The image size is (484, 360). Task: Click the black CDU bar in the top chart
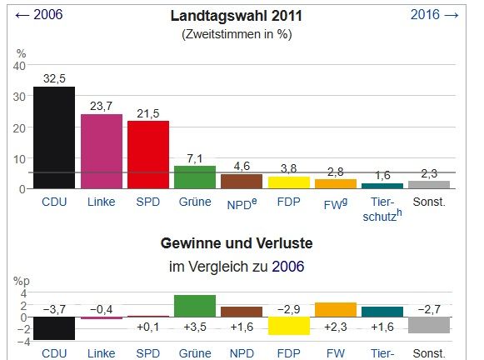(54, 137)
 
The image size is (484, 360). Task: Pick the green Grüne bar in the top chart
(195, 177)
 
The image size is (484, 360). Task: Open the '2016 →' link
(435, 14)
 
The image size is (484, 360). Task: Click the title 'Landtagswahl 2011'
(236, 16)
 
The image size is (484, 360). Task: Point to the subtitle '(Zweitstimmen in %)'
(236, 34)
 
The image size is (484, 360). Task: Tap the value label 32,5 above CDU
(54, 78)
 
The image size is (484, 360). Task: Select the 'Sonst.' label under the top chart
(429, 202)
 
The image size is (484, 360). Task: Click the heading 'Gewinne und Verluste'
(236, 245)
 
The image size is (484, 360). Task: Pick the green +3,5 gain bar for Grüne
(195, 305)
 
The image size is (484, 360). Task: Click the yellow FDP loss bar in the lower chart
(288, 325)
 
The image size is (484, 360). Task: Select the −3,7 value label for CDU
(54, 309)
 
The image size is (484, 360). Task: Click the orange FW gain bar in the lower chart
(336, 309)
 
